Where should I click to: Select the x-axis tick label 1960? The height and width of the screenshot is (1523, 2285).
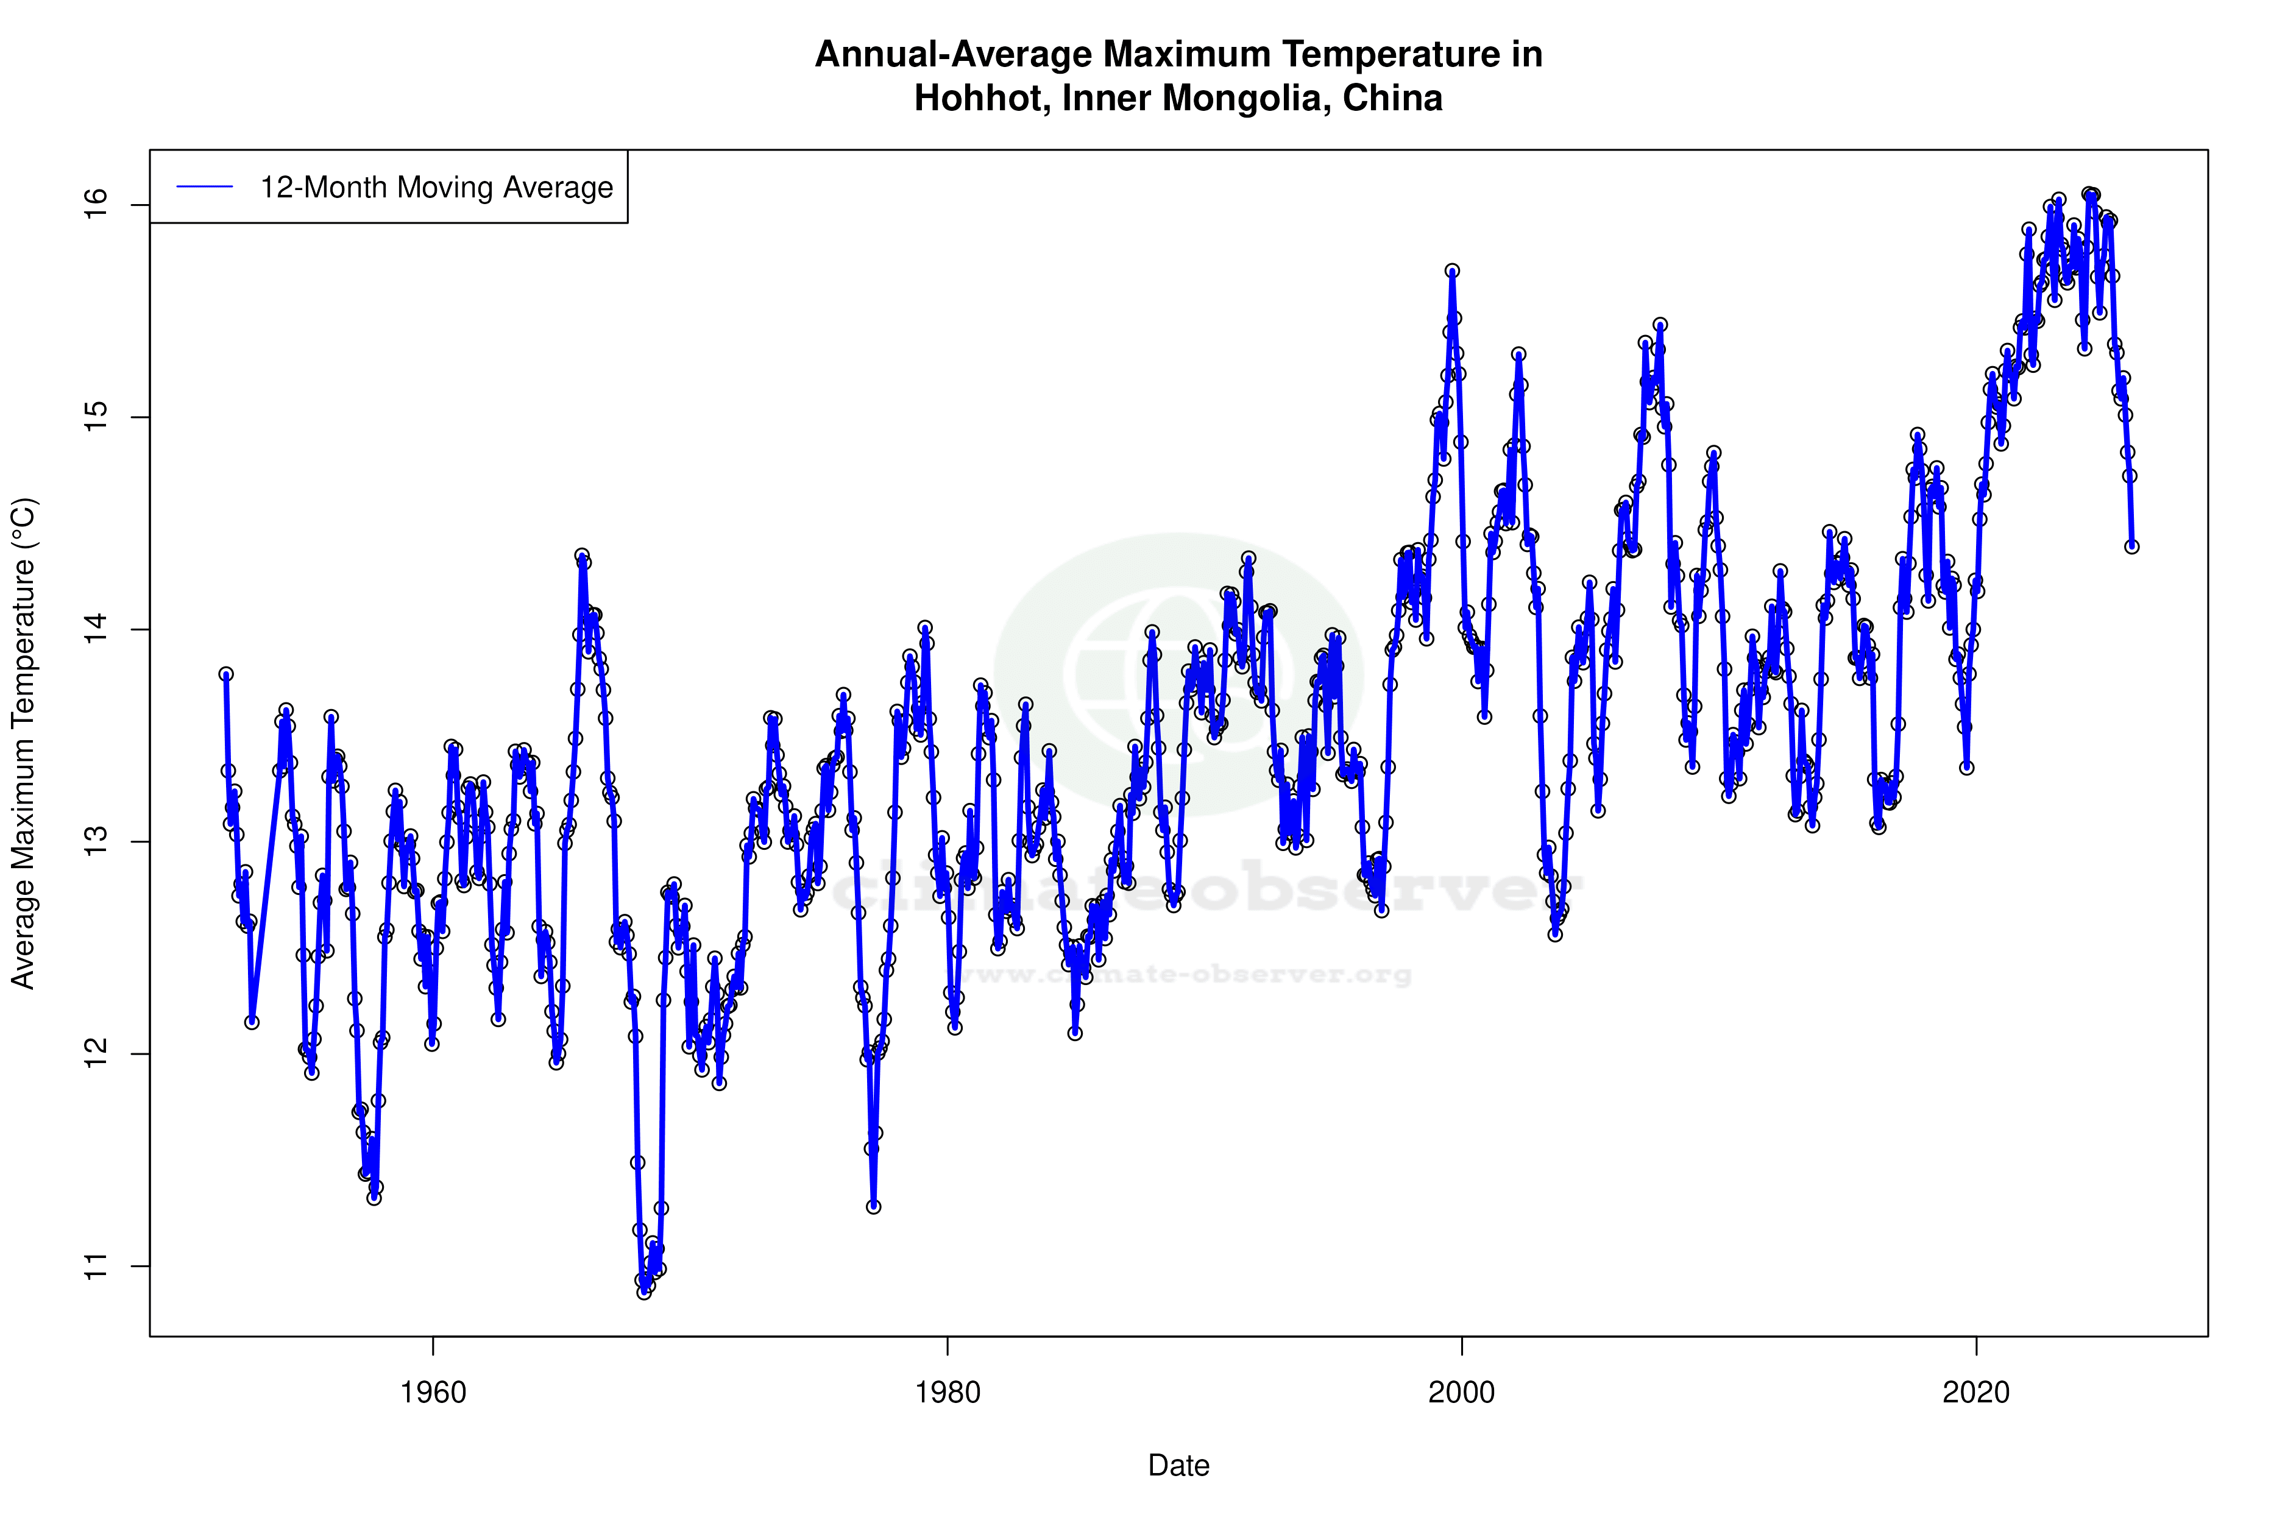pyautogui.click(x=433, y=1393)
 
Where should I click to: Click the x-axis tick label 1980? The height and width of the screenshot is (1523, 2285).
pyautogui.click(x=948, y=1393)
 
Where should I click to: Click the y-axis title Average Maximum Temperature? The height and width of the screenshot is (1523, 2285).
pyautogui.click(x=23, y=743)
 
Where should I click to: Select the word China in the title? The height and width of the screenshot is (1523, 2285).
pyautogui.click(x=1392, y=98)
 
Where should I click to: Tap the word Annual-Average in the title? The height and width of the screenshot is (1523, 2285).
pyautogui.click(x=952, y=54)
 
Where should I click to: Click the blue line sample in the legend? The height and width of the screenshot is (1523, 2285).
pyautogui.click(x=205, y=188)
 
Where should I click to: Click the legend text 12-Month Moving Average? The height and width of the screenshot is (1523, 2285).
pyautogui.click(x=436, y=188)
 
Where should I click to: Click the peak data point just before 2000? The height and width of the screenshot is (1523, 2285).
pyautogui.click(x=1451, y=271)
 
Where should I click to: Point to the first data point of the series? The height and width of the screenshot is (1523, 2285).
pyautogui.click(x=226, y=674)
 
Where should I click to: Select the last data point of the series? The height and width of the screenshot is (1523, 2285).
pyautogui.click(x=2131, y=547)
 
